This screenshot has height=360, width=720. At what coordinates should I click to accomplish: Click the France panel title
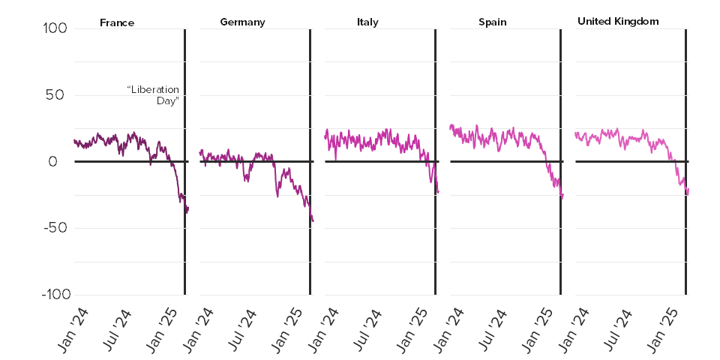pos(117,22)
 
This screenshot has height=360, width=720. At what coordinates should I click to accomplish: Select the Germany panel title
pos(242,22)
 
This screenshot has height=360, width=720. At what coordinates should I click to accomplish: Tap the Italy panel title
pos(367,22)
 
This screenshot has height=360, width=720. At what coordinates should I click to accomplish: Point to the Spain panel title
pos(492,22)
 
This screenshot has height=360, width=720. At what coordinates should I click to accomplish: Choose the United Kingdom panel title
pos(618,21)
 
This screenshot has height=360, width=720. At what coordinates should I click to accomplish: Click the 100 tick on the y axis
pos(55,28)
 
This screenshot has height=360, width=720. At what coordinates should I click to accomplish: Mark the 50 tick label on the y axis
pos(58,95)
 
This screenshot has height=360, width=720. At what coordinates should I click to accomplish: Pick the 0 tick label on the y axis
pos(62,161)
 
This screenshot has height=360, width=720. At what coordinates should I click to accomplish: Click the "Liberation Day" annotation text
pos(153,95)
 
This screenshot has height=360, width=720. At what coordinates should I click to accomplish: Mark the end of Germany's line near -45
pos(313,220)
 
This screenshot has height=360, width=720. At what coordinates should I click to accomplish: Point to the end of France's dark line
pos(188,208)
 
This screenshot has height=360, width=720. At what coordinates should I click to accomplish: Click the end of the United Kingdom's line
pos(688,190)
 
